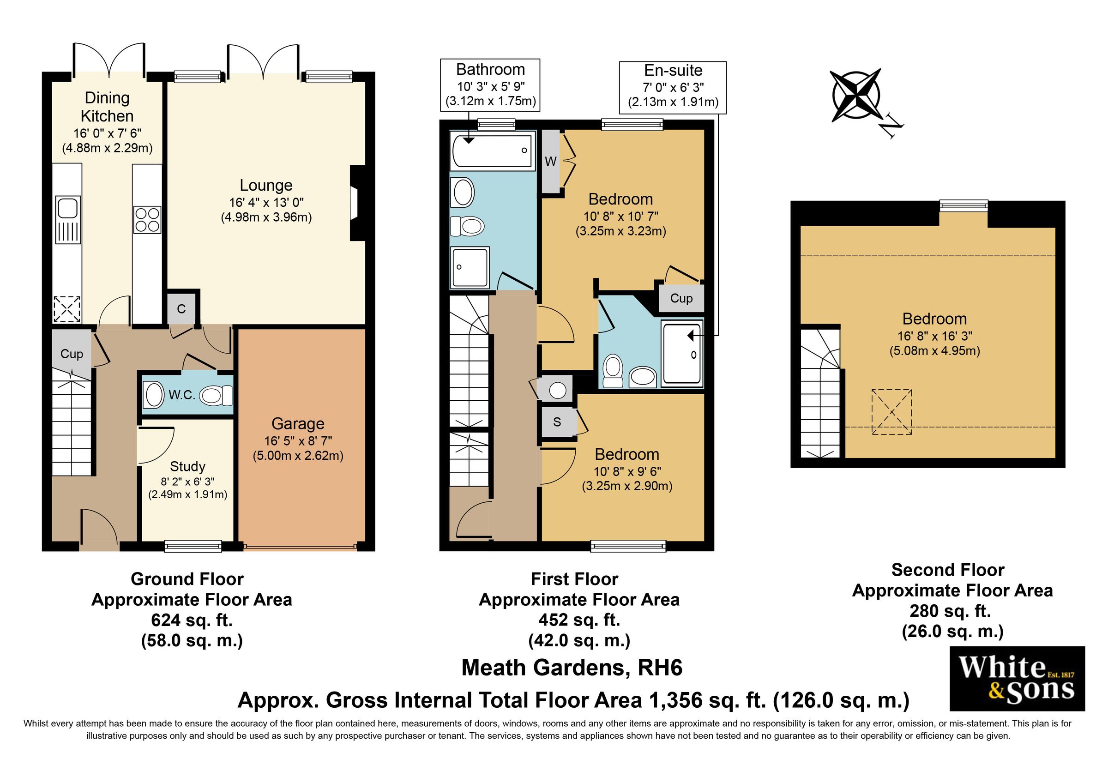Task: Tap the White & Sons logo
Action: click(1017, 678)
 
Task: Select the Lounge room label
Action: click(266, 185)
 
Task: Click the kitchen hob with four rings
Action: click(147, 219)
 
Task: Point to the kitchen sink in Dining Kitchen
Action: click(68, 219)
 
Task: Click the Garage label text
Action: click(298, 423)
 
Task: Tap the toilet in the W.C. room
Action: click(216, 396)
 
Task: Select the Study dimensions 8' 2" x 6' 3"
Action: click(187, 482)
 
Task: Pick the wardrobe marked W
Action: click(551, 162)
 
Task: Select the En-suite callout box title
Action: click(673, 71)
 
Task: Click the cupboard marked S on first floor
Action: click(557, 422)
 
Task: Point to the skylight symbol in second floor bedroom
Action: click(891, 412)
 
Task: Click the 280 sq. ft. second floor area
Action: click(950, 611)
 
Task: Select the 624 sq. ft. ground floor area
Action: click(192, 620)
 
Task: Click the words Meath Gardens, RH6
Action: click(572, 668)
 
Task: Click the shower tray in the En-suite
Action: click(682, 354)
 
